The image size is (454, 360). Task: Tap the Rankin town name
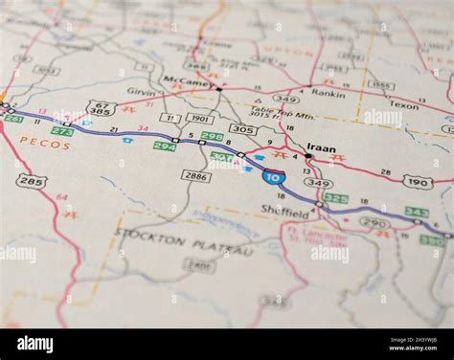(x=329, y=93)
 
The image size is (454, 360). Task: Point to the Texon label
(x=403, y=105)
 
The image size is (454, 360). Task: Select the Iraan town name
(x=321, y=148)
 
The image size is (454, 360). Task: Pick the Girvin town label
(x=141, y=92)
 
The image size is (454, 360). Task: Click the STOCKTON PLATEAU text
(x=184, y=241)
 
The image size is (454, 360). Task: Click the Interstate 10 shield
(x=274, y=176)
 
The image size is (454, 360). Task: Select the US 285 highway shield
(x=32, y=181)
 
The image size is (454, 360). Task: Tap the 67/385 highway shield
(x=101, y=108)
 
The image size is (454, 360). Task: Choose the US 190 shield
(x=418, y=181)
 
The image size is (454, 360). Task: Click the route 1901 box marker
(x=199, y=119)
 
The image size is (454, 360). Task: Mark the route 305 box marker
(x=242, y=129)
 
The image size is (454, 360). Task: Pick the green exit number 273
(x=62, y=131)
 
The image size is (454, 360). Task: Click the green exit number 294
(x=165, y=146)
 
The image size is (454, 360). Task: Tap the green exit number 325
(x=335, y=198)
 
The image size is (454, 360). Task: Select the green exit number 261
(x=13, y=119)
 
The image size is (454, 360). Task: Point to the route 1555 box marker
(x=380, y=85)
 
